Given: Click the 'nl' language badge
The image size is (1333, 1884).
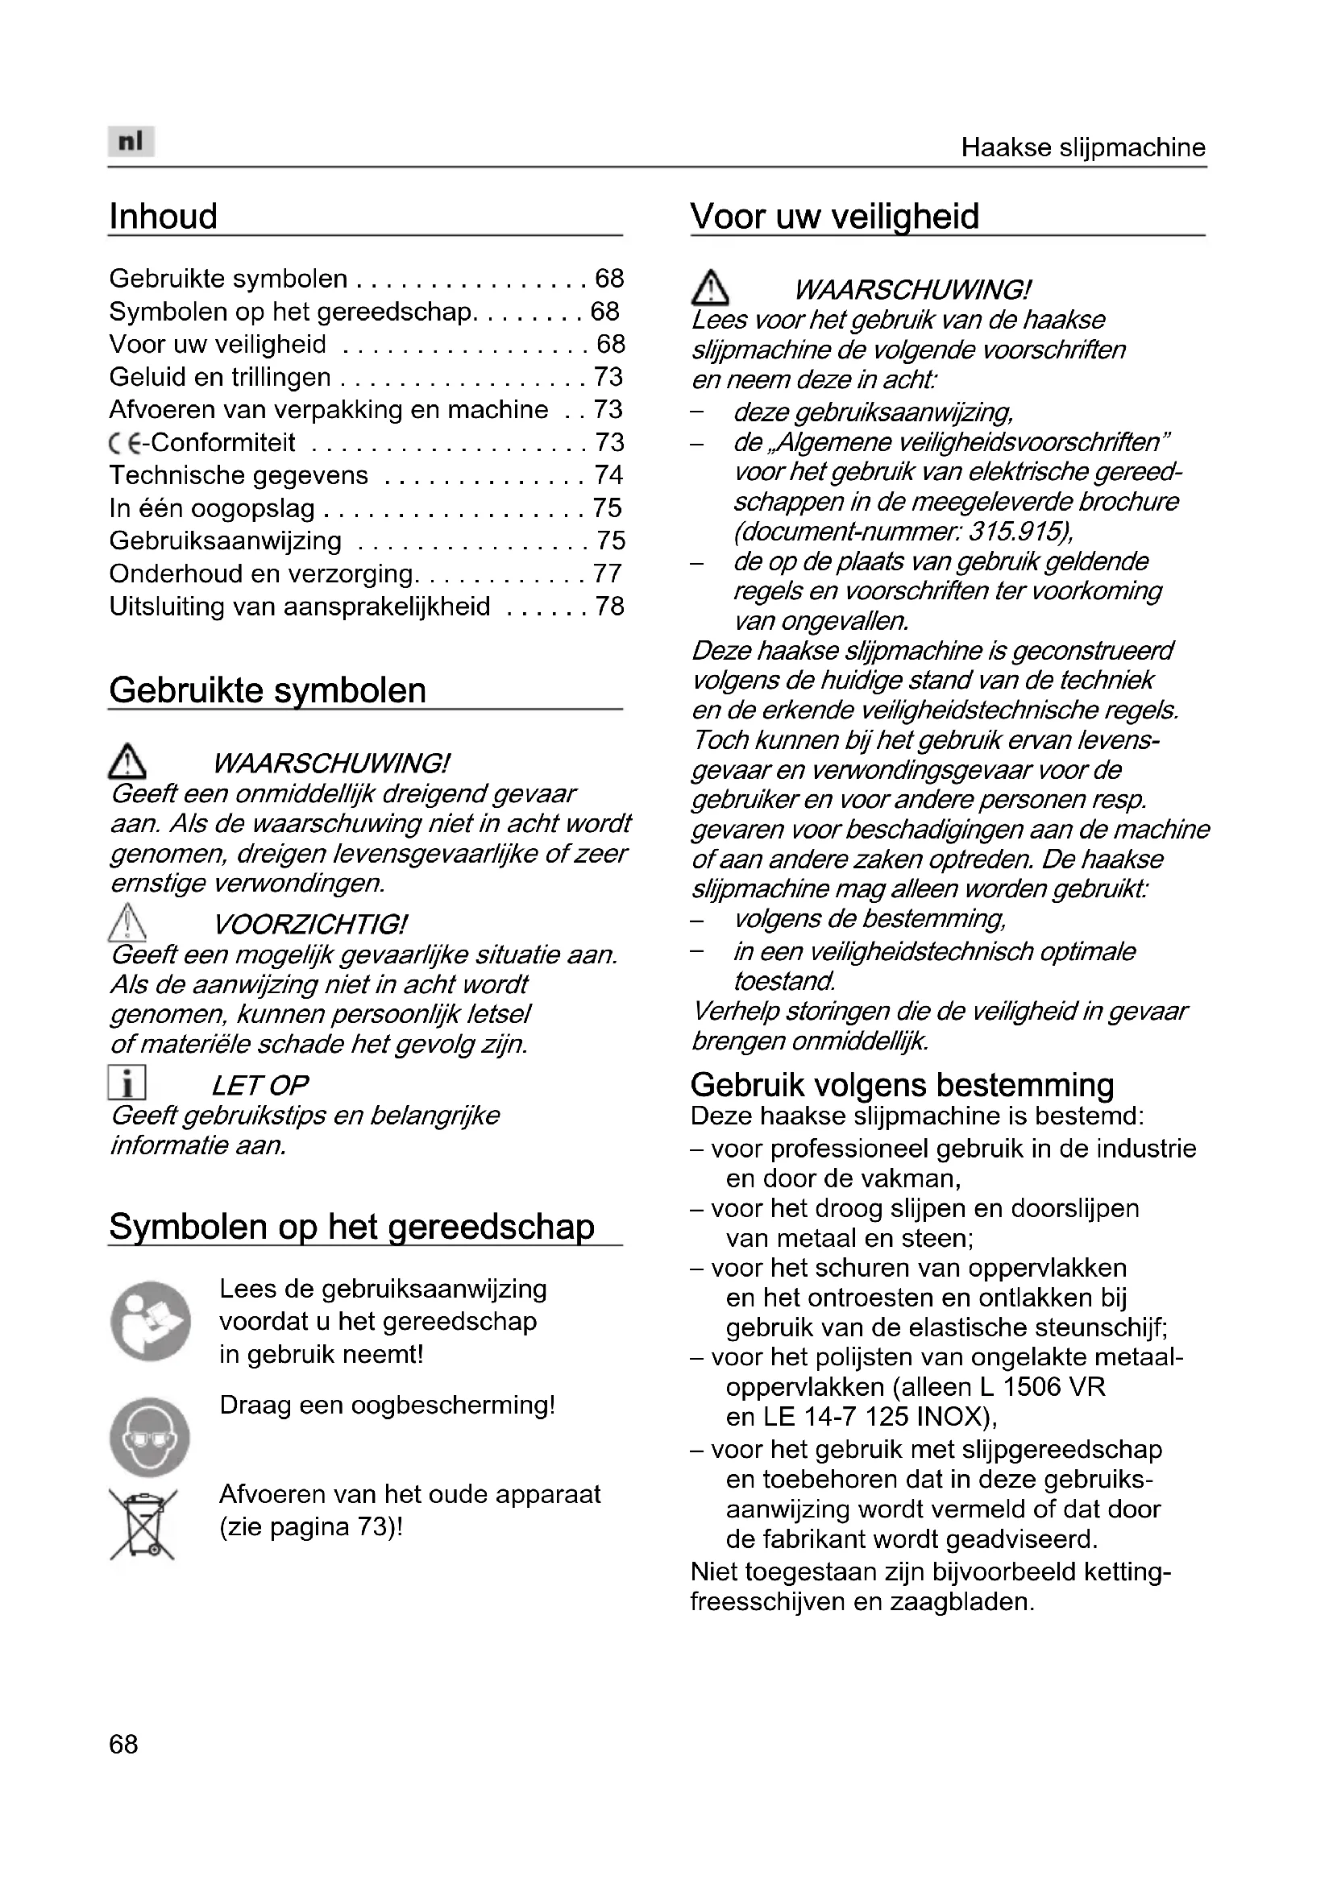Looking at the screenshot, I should [131, 141].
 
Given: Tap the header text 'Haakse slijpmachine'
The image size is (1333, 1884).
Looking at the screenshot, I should [1082, 147].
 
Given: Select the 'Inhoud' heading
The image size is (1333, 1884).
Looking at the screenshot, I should [164, 217].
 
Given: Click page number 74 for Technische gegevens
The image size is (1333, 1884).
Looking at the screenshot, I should [609, 475].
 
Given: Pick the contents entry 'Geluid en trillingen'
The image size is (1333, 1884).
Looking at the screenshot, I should [220, 378].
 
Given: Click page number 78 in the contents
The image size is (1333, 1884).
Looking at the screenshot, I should [609, 607].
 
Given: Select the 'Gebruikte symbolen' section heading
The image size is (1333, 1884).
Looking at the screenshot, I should [268, 690].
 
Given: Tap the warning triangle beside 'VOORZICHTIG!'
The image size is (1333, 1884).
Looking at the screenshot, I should [127, 921].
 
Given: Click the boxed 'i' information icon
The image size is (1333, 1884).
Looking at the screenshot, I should [127, 1083].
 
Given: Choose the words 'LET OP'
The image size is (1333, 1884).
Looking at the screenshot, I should [260, 1086].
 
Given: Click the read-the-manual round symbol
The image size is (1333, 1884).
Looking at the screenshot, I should [150, 1321].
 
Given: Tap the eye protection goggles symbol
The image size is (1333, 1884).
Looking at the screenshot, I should [149, 1437].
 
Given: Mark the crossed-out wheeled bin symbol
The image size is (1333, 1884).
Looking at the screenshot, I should [143, 1525].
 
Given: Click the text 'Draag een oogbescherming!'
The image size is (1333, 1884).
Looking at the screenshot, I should [387, 1405].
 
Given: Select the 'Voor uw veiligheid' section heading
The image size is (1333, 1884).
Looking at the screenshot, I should [835, 217].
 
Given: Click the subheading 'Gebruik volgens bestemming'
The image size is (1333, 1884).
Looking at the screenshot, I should [902, 1085].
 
